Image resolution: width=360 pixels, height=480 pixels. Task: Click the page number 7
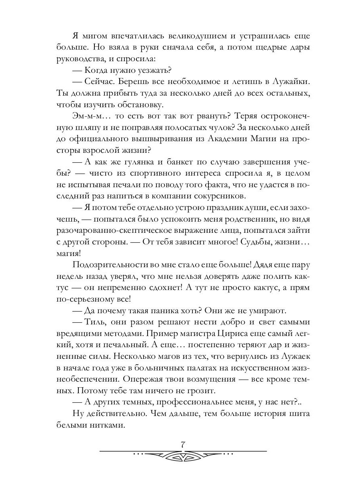(183, 444)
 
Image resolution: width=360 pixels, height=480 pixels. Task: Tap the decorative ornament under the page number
(183, 455)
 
